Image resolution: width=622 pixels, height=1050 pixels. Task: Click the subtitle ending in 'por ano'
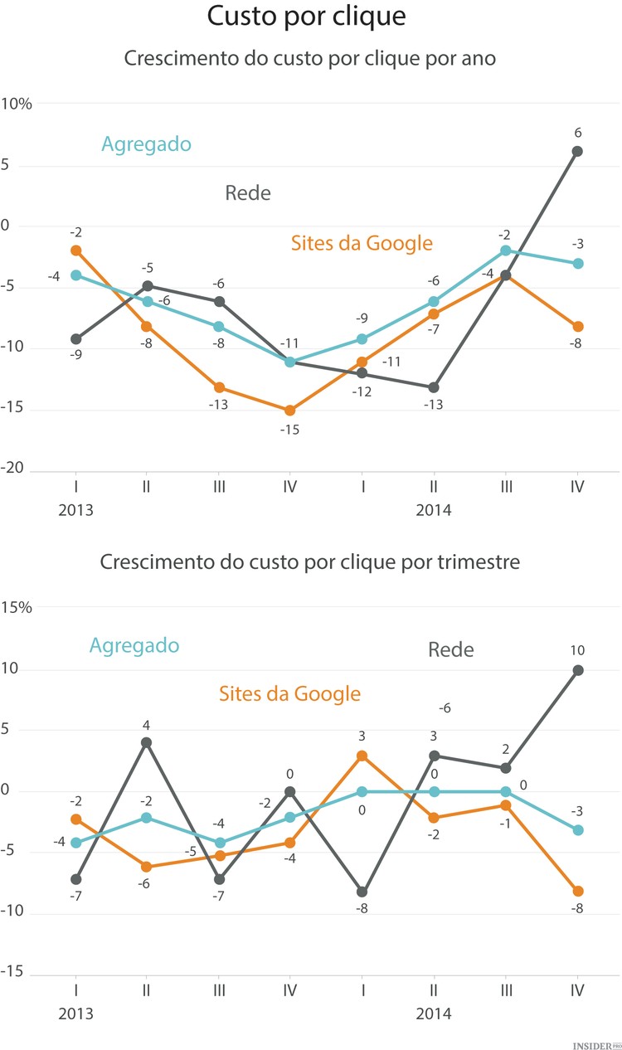(310, 59)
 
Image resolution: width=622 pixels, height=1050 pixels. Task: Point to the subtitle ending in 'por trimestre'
(310, 561)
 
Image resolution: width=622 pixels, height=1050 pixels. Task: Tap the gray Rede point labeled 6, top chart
(577, 151)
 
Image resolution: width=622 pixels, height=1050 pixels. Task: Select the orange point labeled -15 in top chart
(290, 411)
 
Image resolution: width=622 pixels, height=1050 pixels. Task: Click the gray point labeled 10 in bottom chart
(578, 670)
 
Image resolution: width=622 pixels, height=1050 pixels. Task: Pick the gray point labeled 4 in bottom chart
(147, 742)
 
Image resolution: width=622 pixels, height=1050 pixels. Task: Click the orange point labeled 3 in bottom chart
(362, 756)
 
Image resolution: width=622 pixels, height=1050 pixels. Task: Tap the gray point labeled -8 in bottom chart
(362, 892)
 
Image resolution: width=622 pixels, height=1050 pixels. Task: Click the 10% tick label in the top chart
(17, 104)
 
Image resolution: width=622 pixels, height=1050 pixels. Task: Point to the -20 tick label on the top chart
(16, 470)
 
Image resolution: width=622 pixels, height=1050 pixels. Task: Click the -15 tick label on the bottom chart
(16, 973)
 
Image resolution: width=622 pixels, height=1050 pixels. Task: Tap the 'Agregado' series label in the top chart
(146, 143)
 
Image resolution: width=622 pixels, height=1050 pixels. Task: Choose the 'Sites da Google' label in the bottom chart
(289, 693)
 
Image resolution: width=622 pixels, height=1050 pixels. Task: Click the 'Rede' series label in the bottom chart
(451, 649)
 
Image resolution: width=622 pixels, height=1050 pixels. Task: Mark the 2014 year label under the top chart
(434, 510)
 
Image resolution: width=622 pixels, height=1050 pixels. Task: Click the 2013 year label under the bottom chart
(75, 1014)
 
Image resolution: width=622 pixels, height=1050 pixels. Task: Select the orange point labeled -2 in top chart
(76, 250)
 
